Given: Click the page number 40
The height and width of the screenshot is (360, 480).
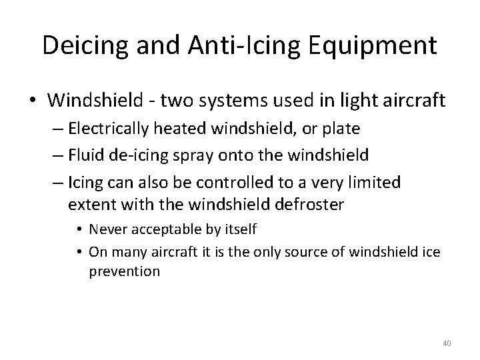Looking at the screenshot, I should pos(447,343).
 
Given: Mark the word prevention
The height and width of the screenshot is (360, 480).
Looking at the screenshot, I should pos(124,271).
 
